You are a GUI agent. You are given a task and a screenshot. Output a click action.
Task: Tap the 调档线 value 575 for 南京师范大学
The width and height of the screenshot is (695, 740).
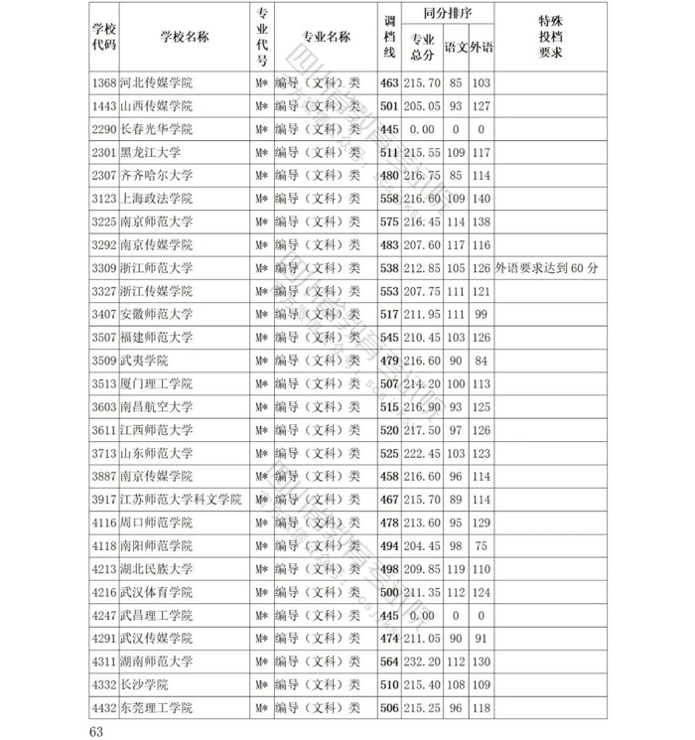[x=388, y=222]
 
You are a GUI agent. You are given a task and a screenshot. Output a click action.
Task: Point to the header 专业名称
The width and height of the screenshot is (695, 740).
[x=327, y=37]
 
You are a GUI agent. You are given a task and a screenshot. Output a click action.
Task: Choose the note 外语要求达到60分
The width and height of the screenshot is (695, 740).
[x=545, y=268]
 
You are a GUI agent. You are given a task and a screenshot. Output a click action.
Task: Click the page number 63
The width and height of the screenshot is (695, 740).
[x=96, y=731]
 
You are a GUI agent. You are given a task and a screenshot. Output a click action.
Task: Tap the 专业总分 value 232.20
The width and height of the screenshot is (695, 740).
[x=422, y=662]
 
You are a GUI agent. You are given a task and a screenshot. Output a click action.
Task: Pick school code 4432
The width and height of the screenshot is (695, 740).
[x=103, y=708]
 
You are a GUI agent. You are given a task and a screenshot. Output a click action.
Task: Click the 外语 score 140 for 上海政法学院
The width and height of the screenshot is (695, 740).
[x=482, y=199]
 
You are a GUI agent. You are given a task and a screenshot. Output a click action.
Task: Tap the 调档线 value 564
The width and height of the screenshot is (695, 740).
[x=388, y=662]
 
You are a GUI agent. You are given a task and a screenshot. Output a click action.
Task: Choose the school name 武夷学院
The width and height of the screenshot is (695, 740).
[x=144, y=361]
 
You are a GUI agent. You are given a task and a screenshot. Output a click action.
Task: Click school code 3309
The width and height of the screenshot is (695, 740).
[x=103, y=268]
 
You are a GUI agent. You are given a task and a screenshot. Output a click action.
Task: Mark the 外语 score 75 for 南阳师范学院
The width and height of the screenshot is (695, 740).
[x=482, y=545]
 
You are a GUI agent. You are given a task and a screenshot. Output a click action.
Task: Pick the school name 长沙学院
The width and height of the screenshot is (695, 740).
[x=144, y=684]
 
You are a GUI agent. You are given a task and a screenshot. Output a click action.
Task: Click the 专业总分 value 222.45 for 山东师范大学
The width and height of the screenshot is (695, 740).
[x=422, y=453]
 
